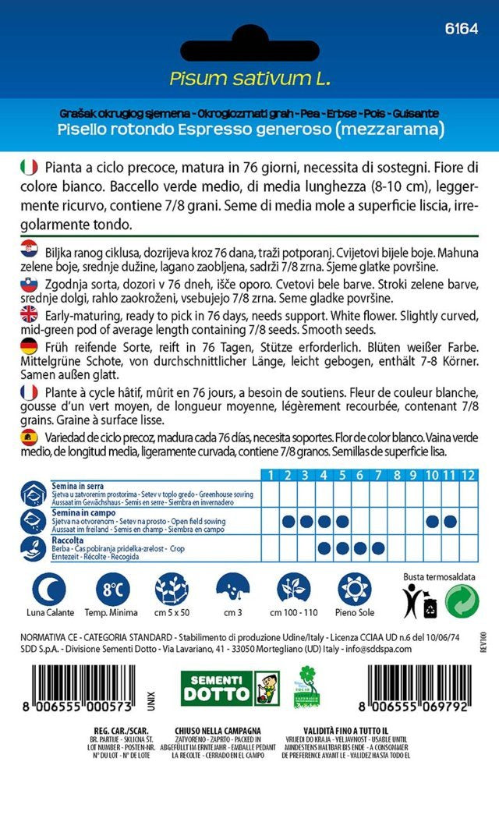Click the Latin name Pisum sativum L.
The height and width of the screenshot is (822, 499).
tap(249, 78)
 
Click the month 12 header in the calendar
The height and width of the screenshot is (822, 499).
tap(468, 475)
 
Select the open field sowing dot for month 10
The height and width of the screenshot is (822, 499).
tap(431, 521)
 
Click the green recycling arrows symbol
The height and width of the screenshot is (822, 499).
tap(462, 600)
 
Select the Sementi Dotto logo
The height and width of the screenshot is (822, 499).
tap(229, 689)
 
